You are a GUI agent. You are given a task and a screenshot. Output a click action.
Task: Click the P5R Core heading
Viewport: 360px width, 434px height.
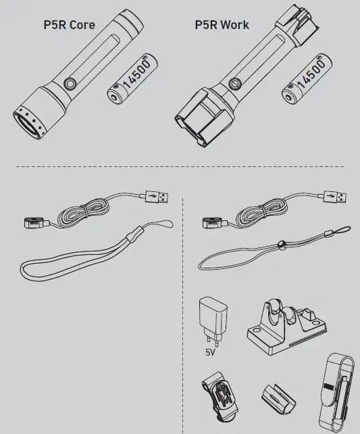[69, 26]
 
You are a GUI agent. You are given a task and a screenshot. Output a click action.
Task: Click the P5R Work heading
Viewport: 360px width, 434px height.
[222, 26]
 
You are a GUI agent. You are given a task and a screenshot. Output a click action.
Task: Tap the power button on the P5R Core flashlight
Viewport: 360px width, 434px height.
[68, 83]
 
